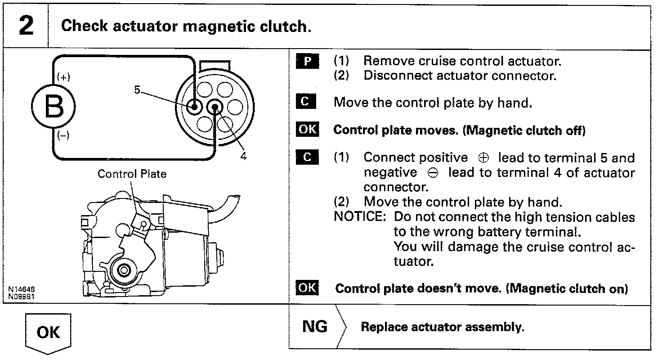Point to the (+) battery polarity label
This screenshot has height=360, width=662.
click(x=63, y=77)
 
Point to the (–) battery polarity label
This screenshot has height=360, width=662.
click(x=63, y=136)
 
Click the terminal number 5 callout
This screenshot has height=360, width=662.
click(x=137, y=90)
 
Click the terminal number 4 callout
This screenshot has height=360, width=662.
click(x=243, y=156)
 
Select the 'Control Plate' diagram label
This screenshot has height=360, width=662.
click(x=132, y=174)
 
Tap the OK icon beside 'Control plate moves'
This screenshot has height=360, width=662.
click(x=308, y=130)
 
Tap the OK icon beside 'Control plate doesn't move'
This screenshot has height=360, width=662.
click(x=308, y=288)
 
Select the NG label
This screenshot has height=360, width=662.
click(x=315, y=327)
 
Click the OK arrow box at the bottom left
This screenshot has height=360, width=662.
click(x=48, y=333)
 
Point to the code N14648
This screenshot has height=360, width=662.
click(x=22, y=289)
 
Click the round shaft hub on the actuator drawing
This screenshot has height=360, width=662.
click(x=123, y=270)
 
